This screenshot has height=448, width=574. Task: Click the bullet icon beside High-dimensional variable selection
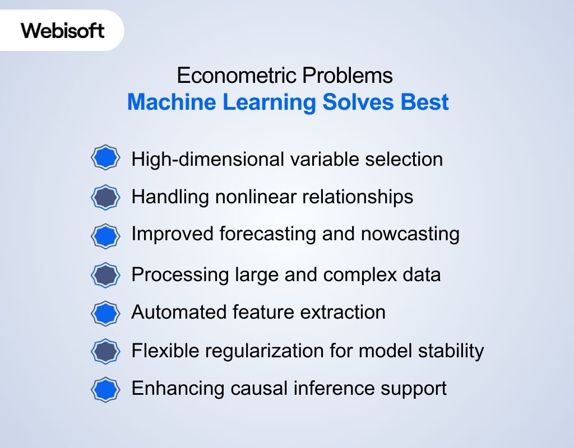point(105,158)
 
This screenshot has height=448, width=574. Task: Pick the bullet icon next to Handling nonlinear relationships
point(105,197)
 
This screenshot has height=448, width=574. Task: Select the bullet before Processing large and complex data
point(105,275)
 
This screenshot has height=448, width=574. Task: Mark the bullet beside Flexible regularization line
point(105,352)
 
